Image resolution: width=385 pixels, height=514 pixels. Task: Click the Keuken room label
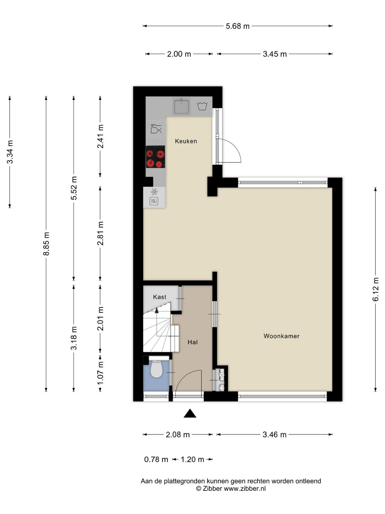(x=186, y=141)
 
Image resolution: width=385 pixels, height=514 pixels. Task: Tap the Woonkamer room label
(x=281, y=336)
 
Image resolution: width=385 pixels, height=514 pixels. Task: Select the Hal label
(x=193, y=342)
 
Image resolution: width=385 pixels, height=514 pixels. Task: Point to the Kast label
(x=160, y=297)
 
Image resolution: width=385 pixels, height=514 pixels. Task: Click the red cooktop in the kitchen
(x=156, y=157)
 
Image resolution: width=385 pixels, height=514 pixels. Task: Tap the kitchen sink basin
(x=181, y=106)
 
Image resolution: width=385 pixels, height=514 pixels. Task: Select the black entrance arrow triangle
(x=190, y=413)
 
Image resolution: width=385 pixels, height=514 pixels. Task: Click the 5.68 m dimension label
(x=237, y=26)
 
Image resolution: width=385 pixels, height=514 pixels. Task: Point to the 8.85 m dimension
(x=46, y=244)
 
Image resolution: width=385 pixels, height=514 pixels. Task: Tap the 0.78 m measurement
(x=156, y=459)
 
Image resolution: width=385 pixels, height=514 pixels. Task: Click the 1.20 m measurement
(x=193, y=459)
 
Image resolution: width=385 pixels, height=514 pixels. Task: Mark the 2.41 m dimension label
(x=100, y=136)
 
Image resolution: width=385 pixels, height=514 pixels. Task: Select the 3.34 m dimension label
(x=10, y=152)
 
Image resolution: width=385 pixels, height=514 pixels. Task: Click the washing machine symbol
(x=202, y=106)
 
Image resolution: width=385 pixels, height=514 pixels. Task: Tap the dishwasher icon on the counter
(x=156, y=128)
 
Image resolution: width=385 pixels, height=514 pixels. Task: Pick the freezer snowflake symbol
(x=154, y=192)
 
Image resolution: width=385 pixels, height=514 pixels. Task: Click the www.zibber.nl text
(x=245, y=489)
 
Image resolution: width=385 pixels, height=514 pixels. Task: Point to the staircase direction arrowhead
(x=156, y=311)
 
